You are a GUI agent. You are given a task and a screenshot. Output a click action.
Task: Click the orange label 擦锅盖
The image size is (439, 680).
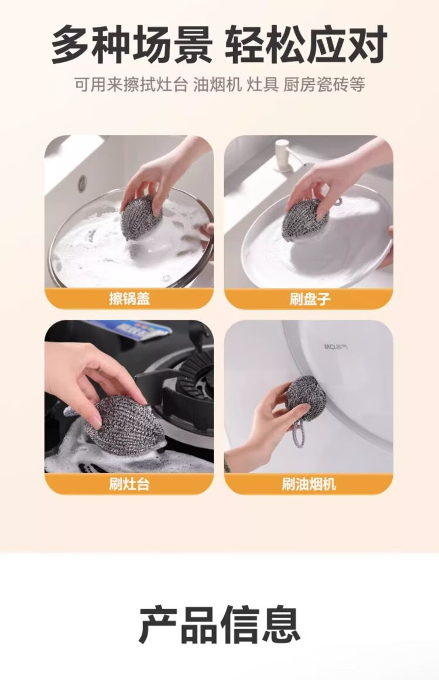point(129,298)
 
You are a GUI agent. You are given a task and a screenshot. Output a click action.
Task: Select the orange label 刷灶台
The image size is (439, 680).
point(129,484)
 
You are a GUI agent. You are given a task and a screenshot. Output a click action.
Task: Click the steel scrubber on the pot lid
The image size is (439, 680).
point(141,217)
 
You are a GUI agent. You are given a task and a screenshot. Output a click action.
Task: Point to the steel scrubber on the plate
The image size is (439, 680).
point(306,220)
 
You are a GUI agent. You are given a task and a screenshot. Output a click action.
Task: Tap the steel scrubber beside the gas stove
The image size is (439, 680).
point(125,425)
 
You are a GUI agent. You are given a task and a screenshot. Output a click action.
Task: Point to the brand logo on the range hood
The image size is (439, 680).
point(337,347)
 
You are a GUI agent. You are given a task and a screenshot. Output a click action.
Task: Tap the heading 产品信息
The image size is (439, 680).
point(220,625)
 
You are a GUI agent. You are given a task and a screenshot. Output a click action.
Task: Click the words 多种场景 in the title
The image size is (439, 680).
point(132,45)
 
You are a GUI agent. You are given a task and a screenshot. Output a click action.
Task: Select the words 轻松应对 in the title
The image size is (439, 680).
point(306,45)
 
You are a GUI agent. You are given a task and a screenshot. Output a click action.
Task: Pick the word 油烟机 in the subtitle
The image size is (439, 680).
point(218,84)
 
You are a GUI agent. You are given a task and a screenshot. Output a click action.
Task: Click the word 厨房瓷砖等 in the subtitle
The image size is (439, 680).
point(324,84)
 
